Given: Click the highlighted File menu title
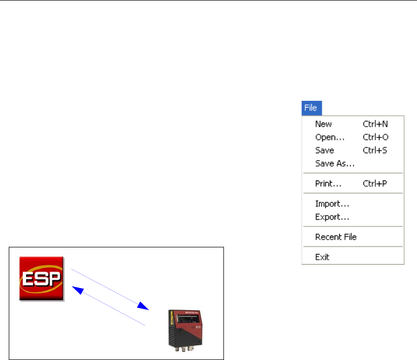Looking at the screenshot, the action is (x=310, y=108).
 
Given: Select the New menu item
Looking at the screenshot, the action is (x=323, y=124).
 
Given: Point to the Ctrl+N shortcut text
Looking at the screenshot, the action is (x=375, y=124).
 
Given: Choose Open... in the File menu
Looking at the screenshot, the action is (x=329, y=137).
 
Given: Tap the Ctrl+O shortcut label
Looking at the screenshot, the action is (x=375, y=137).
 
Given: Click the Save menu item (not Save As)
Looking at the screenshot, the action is (x=324, y=151).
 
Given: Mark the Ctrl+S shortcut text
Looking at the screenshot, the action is (x=375, y=151).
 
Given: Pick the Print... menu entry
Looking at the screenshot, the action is (x=329, y=184).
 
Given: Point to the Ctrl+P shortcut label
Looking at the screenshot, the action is (x=375, y=184).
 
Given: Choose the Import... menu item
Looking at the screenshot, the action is (x=332, y=204).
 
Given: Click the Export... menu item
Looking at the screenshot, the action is (x=332, y=217).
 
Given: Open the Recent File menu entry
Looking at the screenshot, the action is (x=336, y=237).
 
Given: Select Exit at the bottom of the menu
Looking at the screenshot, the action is (x=322, y=257).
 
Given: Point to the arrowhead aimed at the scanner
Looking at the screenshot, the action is (x=144, y=308).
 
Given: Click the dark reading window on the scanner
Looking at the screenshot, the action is (x=187, y=319).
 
